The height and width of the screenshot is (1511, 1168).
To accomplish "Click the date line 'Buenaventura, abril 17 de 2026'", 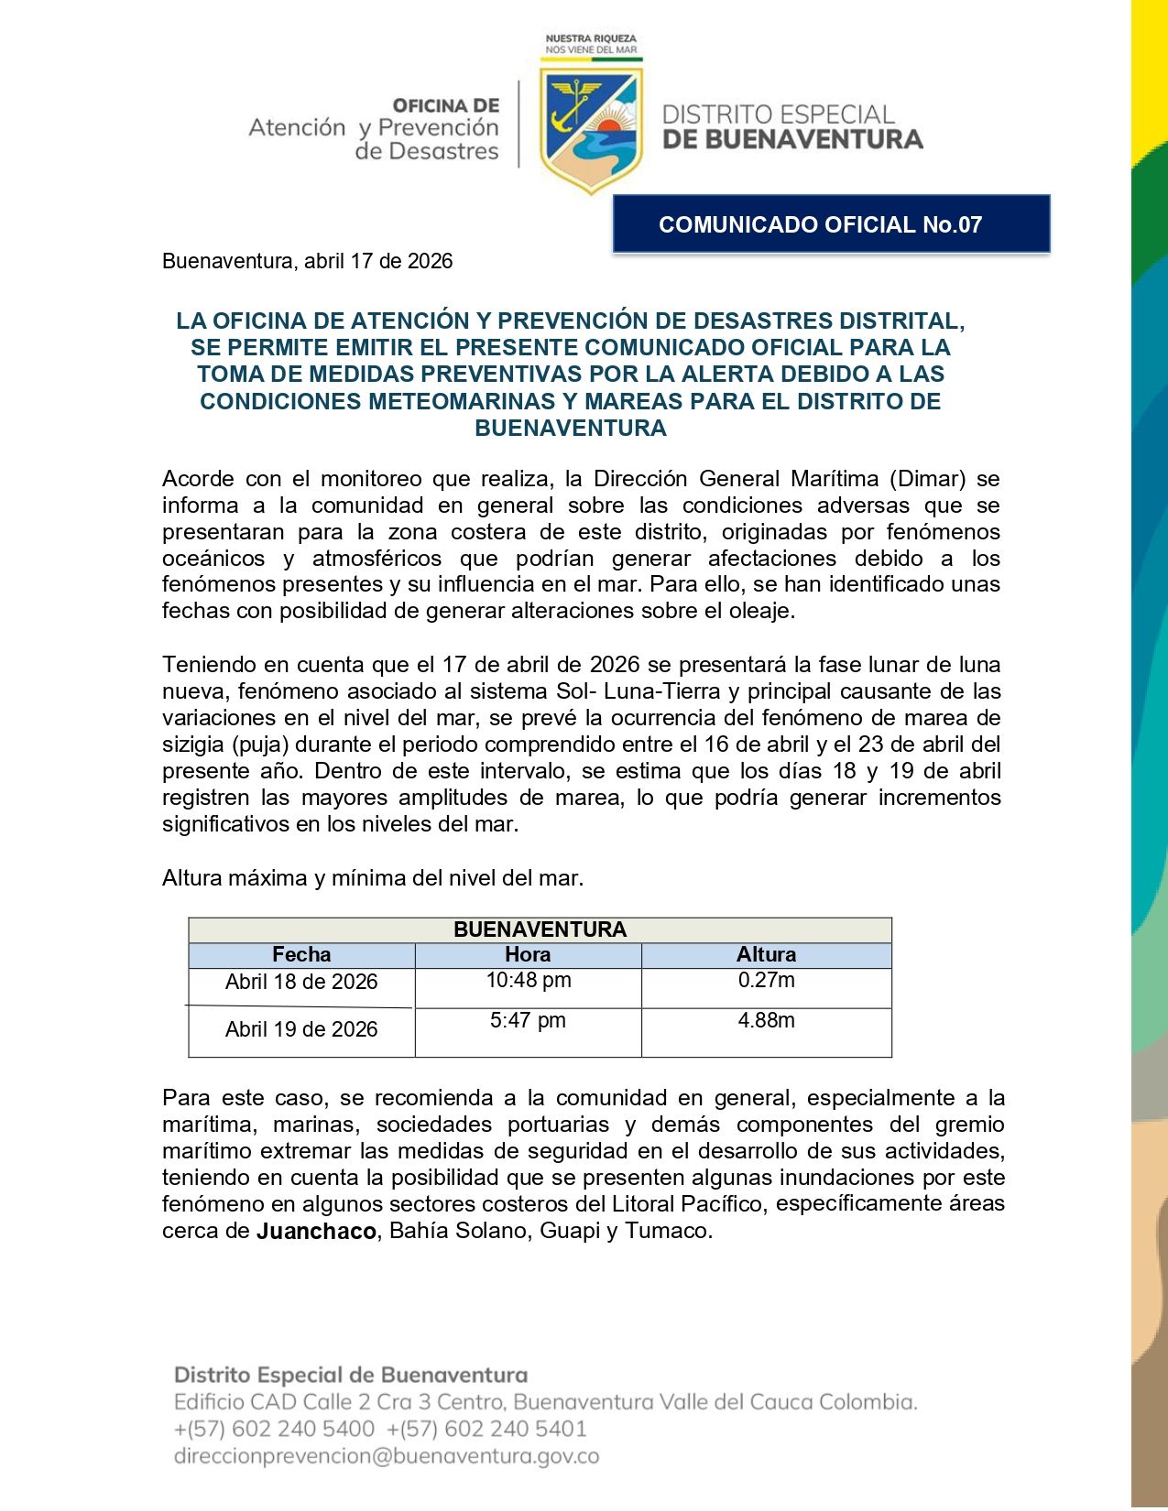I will point(307,262).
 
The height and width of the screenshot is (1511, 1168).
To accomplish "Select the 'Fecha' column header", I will point(301,955).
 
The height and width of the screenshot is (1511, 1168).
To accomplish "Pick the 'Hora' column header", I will point(528,955).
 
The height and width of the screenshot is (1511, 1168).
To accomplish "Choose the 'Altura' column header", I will point(766,955).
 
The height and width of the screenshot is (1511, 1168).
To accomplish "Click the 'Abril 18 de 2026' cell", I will point(301,983).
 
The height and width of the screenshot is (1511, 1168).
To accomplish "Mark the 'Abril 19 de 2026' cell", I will point(301,1030).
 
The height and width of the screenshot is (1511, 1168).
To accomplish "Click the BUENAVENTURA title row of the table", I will point(540,930).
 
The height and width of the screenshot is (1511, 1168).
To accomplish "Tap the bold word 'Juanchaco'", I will point(316,1232).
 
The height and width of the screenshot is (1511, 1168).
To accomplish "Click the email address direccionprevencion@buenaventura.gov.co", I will point(387,1457).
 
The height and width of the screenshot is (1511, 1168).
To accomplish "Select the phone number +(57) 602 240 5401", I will point(486,1429).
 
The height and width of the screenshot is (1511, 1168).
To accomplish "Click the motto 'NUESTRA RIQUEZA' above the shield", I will point(591,38).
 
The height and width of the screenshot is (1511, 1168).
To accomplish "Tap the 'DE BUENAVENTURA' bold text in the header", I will point(791,140).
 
